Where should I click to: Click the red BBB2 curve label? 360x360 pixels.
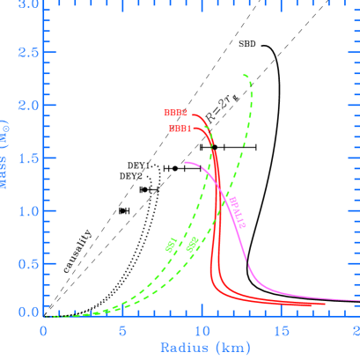pyautogui.click(x=175, y=113)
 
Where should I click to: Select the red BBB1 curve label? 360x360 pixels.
pyautogui.click(x=180, y=129)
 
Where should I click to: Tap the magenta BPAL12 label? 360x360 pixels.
pyautogui.click(x=238, y=213)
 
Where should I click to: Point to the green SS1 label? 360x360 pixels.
pyautogui.click(x=172, y=244)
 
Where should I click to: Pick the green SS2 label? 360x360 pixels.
pyautogui.click(x=192, y=244)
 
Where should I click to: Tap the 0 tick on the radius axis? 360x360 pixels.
pyautogui.click(x=43, y=331)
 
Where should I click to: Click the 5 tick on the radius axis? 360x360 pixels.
pyautogui.click(x=122, y=331)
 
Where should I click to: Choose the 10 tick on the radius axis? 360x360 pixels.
pyautogui.click(x=202, y=331)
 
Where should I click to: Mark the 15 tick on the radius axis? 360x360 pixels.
pyautogui.click(x=281, y=331)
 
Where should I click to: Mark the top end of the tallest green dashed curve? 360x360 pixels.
pyautogui.click(x=244, y=76)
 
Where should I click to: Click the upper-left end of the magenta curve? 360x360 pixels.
pyautogui.click(x=185, y=162)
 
